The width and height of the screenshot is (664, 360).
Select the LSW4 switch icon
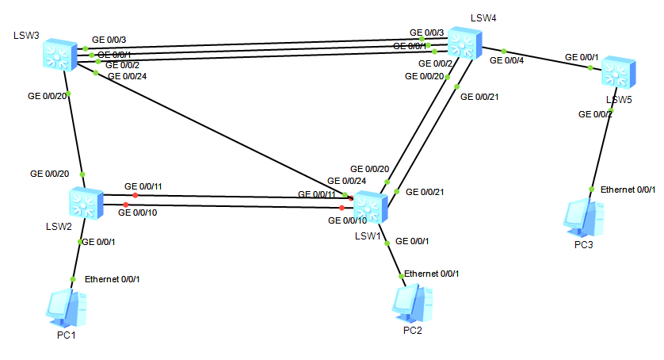[x=464, y=42]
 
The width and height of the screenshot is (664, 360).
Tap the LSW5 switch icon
[x=615, y=73]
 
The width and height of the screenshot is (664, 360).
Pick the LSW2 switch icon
[x=86, y=204]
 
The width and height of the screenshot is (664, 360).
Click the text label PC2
[x=412, y=330]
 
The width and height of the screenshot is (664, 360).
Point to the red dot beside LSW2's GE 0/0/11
[x=135, y=195]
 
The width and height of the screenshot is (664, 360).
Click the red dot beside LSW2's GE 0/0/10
[x=125, y=205]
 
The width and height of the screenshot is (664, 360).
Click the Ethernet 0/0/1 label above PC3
[x=628, y=190]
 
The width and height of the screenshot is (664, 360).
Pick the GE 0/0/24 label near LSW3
[x=127, y=76]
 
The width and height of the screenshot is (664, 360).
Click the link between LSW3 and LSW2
[x=75, y=131]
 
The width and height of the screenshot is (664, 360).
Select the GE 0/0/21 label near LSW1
[x=425, y=192]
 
